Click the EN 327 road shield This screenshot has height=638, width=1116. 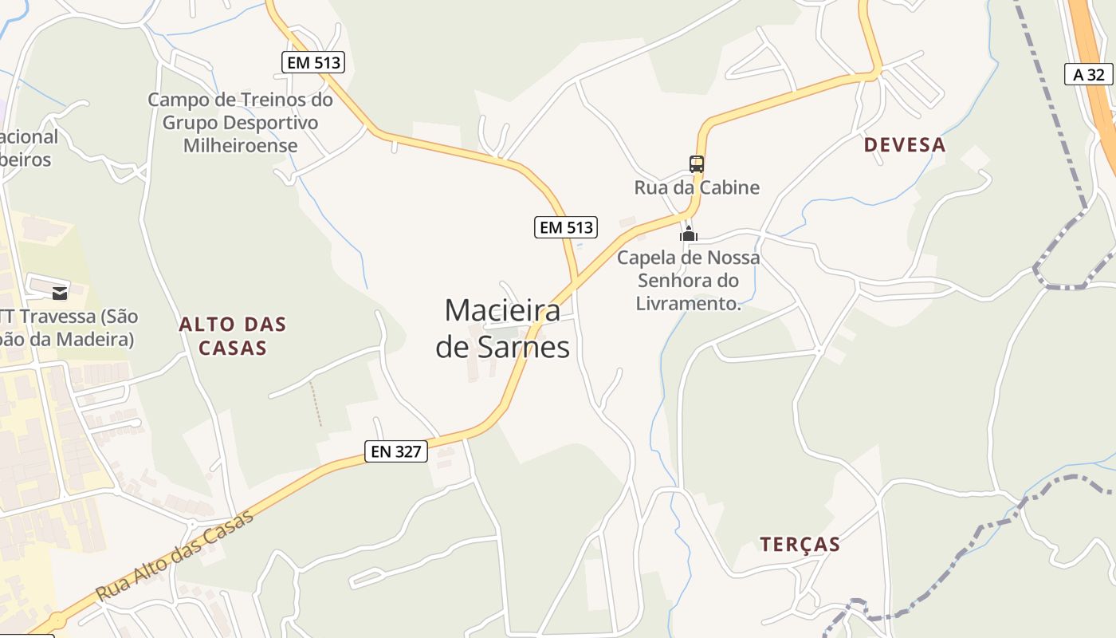[396, 451]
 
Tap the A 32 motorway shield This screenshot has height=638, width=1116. [1089, 75]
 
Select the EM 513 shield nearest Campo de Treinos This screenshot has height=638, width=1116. [313, 62]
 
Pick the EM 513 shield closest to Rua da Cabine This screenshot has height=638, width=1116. [565, 227]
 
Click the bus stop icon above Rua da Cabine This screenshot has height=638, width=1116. [697, 164]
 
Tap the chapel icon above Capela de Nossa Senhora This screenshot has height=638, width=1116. [688, 234]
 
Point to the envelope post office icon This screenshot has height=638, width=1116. [60, 293]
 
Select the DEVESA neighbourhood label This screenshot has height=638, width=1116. [905, 145]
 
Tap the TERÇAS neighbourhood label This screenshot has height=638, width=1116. [800, 545]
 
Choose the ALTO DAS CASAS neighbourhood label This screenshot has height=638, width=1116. [232, 336]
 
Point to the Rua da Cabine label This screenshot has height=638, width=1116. [697, 188]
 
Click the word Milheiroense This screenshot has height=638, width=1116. [240, 145]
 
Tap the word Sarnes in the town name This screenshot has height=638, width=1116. [530, 348]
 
